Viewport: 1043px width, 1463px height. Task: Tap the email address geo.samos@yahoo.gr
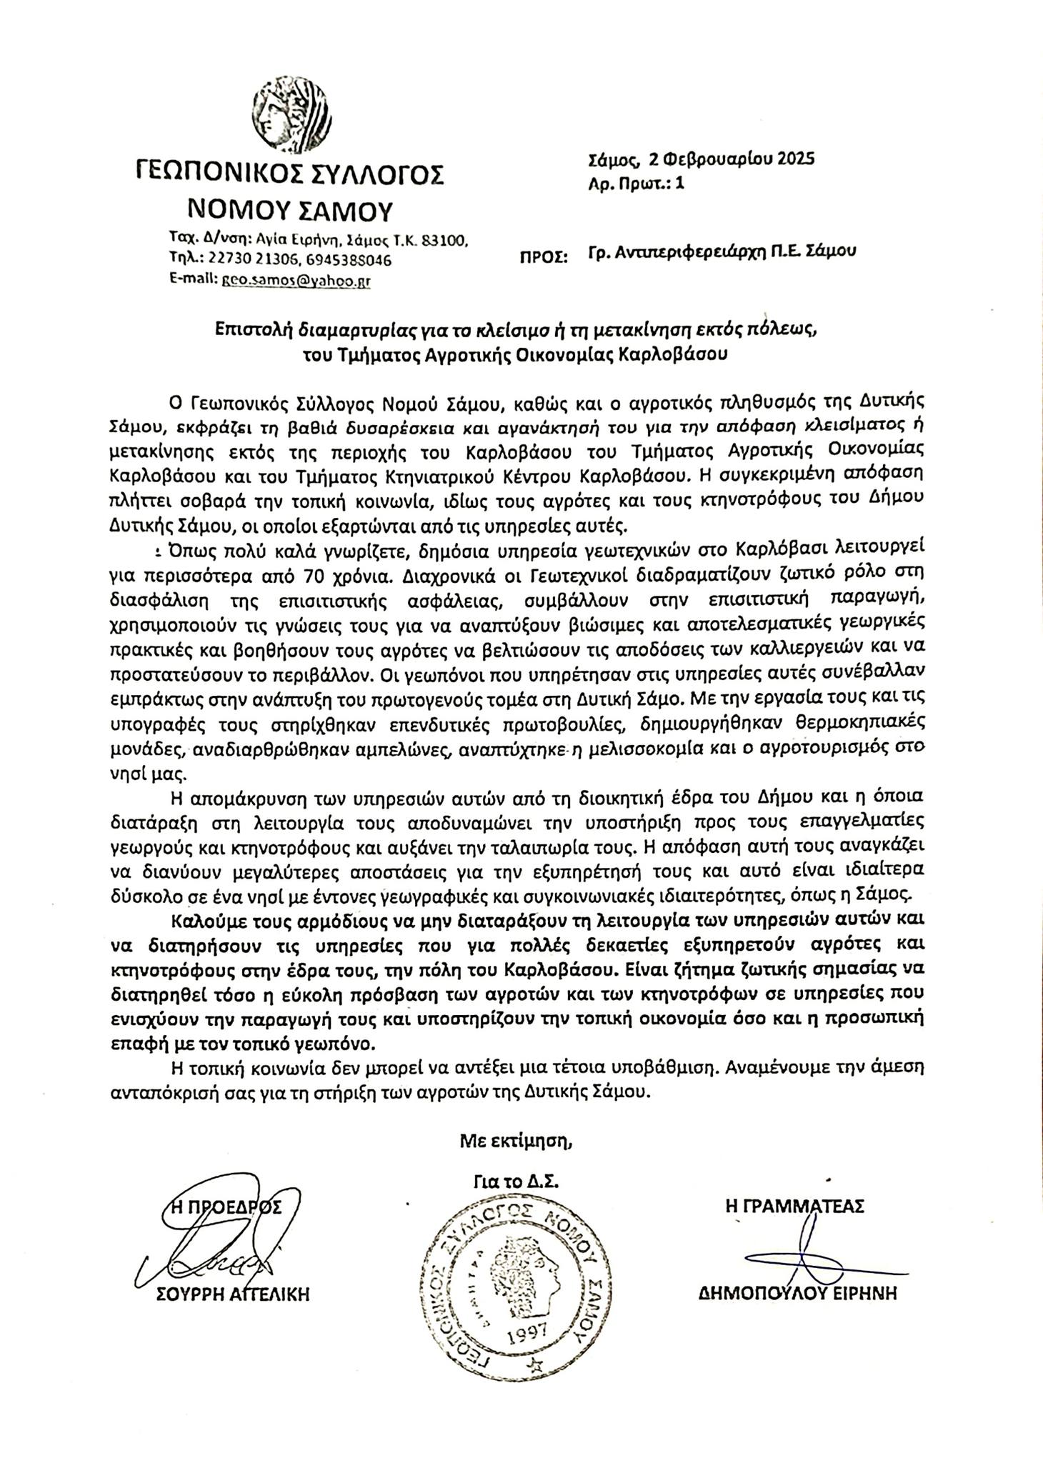(294, 281)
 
